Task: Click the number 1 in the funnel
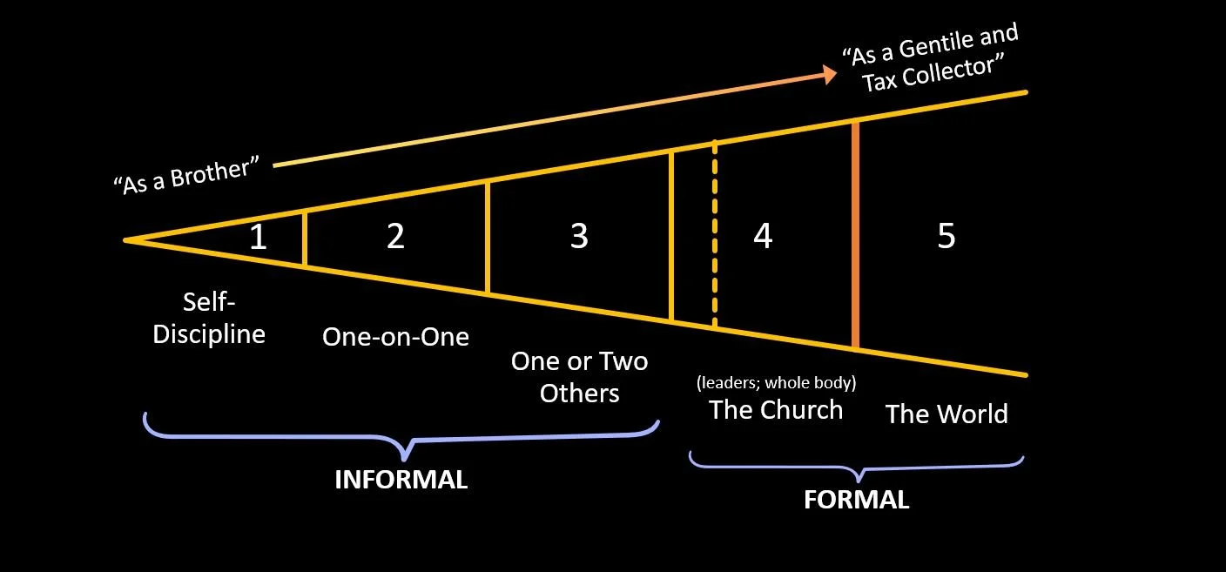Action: [258, 237]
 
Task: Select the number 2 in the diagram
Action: [395, 236]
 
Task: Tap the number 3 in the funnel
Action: [579, 236]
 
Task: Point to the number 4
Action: [763, 236]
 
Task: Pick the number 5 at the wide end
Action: [946, 236]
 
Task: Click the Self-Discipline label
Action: [209, 319]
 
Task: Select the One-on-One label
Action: [395, 337]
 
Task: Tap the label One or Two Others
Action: [579, 376]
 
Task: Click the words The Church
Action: [776, 410]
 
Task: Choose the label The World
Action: [946, 414]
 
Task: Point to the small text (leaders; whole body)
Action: [776, 382]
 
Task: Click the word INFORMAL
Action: [401, 480]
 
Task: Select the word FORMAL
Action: [856, 500]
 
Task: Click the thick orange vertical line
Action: [856, 235]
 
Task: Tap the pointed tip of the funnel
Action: [126, 239]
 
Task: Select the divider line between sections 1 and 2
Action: [304, 238]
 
